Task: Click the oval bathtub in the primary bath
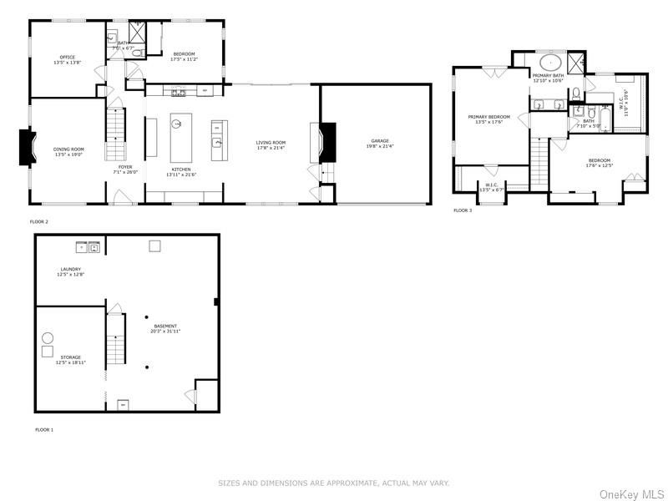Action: [x=549, y=62]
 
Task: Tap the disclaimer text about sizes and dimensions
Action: [x=333, y=483]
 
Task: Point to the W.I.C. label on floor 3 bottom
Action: [x=490, y=186]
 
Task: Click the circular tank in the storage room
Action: [x=48, y=337]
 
